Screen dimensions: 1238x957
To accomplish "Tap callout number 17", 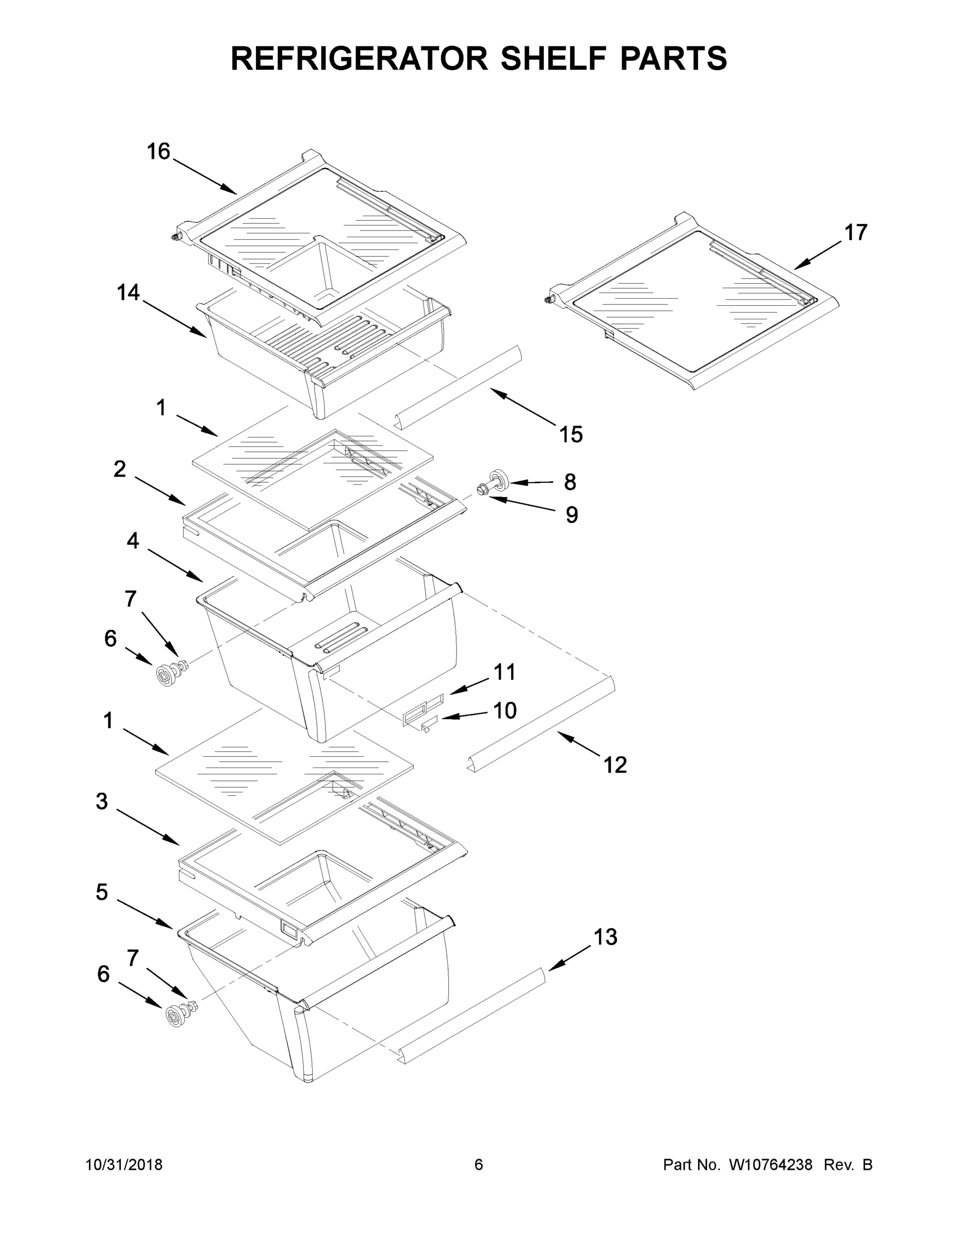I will [855, 233].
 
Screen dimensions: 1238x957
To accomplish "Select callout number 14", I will [128, 292].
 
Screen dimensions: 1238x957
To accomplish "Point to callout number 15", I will [571, 435].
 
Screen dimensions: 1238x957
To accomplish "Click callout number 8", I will [570, 482].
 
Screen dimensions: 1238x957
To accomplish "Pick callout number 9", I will [572, 515].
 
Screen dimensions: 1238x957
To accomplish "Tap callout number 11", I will [504, 672].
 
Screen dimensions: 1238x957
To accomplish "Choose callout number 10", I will [505, 710].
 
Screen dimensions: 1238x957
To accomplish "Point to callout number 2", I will [120, 469].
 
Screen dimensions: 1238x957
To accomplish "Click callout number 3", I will [102, 802].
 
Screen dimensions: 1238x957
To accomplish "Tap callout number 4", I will [133, 541].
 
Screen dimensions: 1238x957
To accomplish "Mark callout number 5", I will [102, 892].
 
